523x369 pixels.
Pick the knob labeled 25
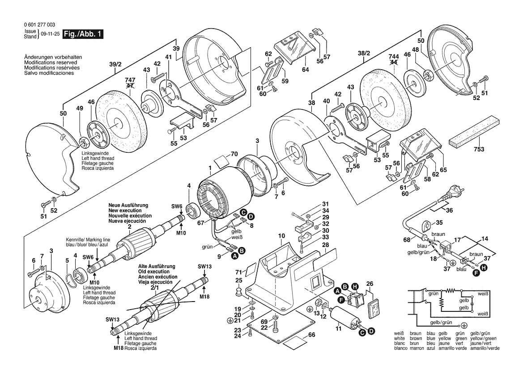click(239, 291)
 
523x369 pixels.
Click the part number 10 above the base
click(281, 235)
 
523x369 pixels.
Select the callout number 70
click(234, 154)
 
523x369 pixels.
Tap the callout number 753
click(479, 150)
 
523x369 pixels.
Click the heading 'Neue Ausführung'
click(128, 205)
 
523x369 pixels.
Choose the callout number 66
click(312, 335)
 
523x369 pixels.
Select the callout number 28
click(325, 245)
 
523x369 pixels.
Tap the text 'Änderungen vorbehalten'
click(53, 58)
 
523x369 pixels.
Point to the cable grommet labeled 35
click(425, 224)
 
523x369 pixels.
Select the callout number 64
click(306, 70)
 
